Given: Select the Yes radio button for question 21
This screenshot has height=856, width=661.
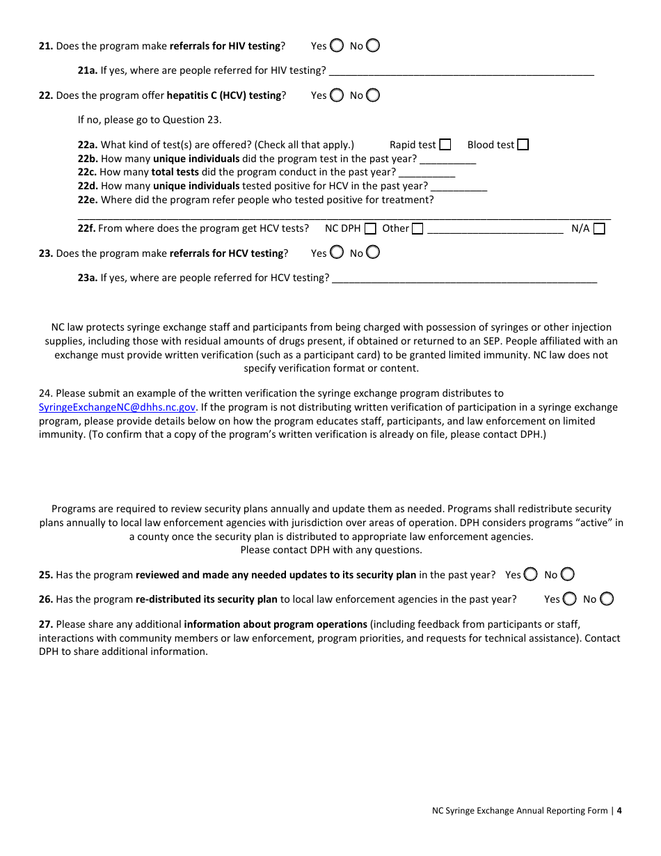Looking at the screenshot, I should pyautogui.click(x=337, y=46).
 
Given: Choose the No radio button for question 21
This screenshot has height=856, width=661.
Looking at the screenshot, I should pyautogui.click(x=373, y=46).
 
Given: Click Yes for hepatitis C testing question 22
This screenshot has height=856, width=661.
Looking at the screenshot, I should pyautogui.click(x=337, y=95).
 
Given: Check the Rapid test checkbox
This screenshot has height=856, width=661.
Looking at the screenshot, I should pyautogui.click(x=445, y=145).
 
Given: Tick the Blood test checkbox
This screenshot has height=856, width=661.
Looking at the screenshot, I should pyautogui.click(x=523, y=145).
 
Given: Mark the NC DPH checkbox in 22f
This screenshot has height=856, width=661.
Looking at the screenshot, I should pyautogui.click(x=370, y=229).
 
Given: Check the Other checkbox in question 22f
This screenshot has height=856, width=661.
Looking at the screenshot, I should pyautogui.click(x=417, y=229).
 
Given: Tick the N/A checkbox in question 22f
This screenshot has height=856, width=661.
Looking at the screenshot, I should pyautogui.click(x=599, y=229).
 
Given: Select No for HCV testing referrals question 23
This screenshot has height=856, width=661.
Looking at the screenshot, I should pyautogui.click(x=373, y=253).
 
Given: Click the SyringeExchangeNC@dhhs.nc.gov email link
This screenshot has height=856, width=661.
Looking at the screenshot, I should pyautogui.click(x=117, y=408).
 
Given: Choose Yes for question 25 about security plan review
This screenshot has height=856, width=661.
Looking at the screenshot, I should pyautogui.click(x=531, y=575).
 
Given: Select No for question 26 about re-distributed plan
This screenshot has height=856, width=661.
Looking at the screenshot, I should pyautogui.click(x=607, y=599).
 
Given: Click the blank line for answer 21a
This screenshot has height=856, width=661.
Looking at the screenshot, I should pyautogui.click(x=461, y=71).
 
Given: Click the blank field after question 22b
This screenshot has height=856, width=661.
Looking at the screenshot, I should pyautogui.click(x=448, y=159).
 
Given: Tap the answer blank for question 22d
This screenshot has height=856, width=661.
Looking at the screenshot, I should pyautogui.click(x=459, y=187).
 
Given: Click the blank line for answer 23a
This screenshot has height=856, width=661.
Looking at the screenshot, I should pyautogui.click(x=464, y=278).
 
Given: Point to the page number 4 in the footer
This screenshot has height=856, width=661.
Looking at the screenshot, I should pyautogui.click(x=619, y=811).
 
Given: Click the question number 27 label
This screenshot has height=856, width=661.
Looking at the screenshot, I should pyautogui.click(x=46, y=625).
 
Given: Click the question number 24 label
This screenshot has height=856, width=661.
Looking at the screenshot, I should pyautogui.click(x=46, y=394).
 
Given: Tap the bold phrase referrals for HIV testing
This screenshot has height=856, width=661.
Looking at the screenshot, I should pyautogui.click(x=225, y=47).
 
